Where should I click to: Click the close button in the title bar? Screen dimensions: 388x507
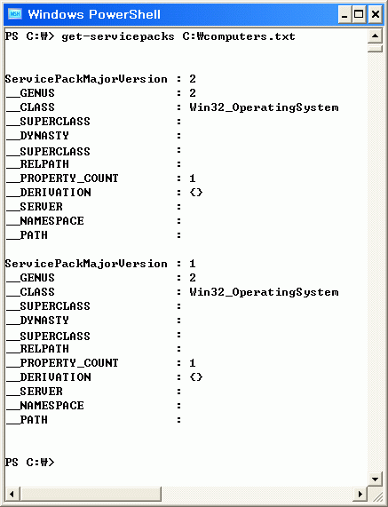(x=376, y=14)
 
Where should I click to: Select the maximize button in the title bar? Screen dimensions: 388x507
(x=359, y=14)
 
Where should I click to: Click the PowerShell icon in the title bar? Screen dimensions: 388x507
(x=14, y=14)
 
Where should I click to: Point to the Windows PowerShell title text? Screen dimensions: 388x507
(x=94, y=14)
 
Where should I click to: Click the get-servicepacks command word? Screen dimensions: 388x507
(x=118, y=36)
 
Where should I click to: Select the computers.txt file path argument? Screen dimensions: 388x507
(x=239, y=36)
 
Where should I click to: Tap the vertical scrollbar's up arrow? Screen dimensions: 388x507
(x=375, y=36)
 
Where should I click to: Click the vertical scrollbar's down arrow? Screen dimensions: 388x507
(x=375, y=479)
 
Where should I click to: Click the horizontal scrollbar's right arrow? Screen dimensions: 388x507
(x=360, y=494)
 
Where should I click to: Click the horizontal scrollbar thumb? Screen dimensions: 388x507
(x=91, y=494)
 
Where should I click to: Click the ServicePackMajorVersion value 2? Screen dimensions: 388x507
(x=193, y=79)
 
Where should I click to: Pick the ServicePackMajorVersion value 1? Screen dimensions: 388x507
(x=193, y=264)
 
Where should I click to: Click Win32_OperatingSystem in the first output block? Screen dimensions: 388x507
(x=264, y=107)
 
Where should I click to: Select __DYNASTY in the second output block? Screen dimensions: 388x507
(x=37, y=321)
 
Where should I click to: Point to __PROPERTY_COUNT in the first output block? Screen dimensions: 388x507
(x=62, y=178)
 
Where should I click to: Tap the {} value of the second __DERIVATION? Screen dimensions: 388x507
(x=196, y=377)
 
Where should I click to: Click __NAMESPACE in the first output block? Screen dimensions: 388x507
(x=45, y=221)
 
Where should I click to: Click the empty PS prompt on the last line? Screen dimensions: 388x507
(x=30, y=462)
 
